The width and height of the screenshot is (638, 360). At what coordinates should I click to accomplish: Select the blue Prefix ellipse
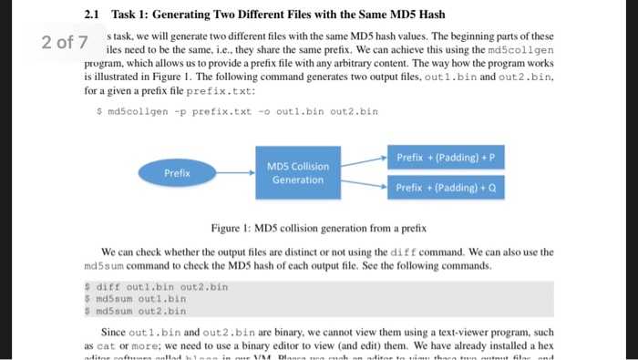(x=177, y=172)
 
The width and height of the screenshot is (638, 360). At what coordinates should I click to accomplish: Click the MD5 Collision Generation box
(x=296, y=172)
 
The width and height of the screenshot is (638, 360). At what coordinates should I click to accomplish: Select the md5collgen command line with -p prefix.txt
(x=236, y=111)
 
